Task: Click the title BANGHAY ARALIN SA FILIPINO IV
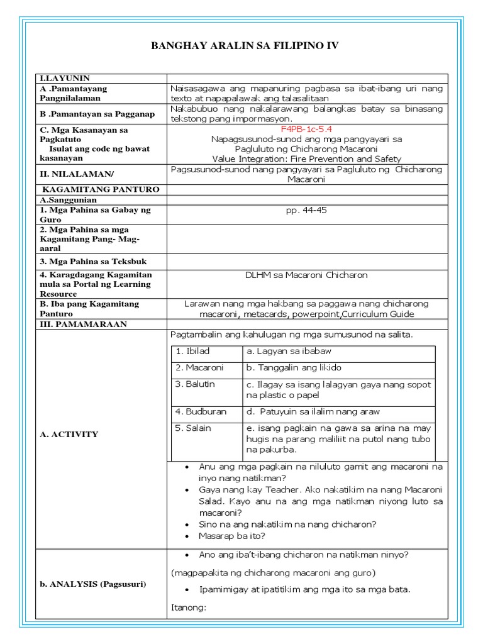tap(242, 45)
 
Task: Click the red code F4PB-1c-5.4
tap(307, 129)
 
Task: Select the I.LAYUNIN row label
tap(65, 79)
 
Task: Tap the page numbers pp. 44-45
tap(306, 210)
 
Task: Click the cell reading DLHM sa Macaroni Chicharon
tap(306, 275)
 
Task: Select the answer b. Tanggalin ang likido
tap(294, 367)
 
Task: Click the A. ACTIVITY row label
tap(69, 434)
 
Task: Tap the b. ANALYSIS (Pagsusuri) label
tap(93, 584)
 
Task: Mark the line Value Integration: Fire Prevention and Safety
tap(306, 159)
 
